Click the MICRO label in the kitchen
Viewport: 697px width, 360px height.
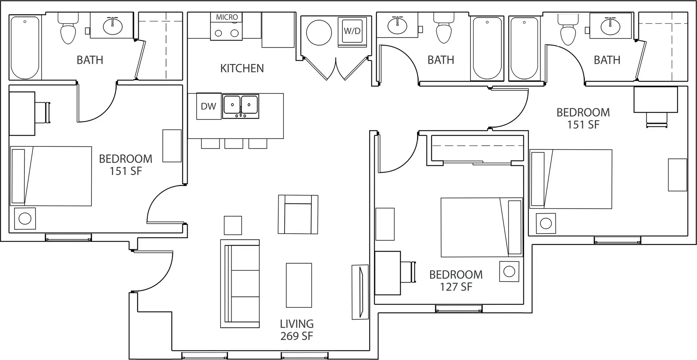(x=227, y=17)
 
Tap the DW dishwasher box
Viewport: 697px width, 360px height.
(x=209, y=106)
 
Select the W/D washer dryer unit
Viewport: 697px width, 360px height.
(x=352, y=31)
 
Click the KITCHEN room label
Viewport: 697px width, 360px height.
(x=242, y=68)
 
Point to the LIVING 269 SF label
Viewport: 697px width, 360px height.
(x=297, y=330)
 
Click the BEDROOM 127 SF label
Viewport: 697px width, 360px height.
(x=456, y=280)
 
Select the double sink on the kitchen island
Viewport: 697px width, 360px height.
(x=241, y=106)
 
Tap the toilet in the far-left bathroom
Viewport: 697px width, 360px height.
(x=68, y=29)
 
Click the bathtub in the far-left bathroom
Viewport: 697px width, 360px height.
(x=25, y=48)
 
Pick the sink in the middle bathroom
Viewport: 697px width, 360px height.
(x=398, y=25)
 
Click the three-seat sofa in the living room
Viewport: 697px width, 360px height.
(x=240, y=284)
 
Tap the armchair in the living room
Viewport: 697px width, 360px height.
(x=298, y=214)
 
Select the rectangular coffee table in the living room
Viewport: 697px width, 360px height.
(x=299, y=285)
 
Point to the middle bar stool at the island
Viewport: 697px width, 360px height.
(x=234, y=144)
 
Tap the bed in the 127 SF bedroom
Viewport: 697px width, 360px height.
(x=482, y=227)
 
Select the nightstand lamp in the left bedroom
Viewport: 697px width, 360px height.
(x=25, y=218)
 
